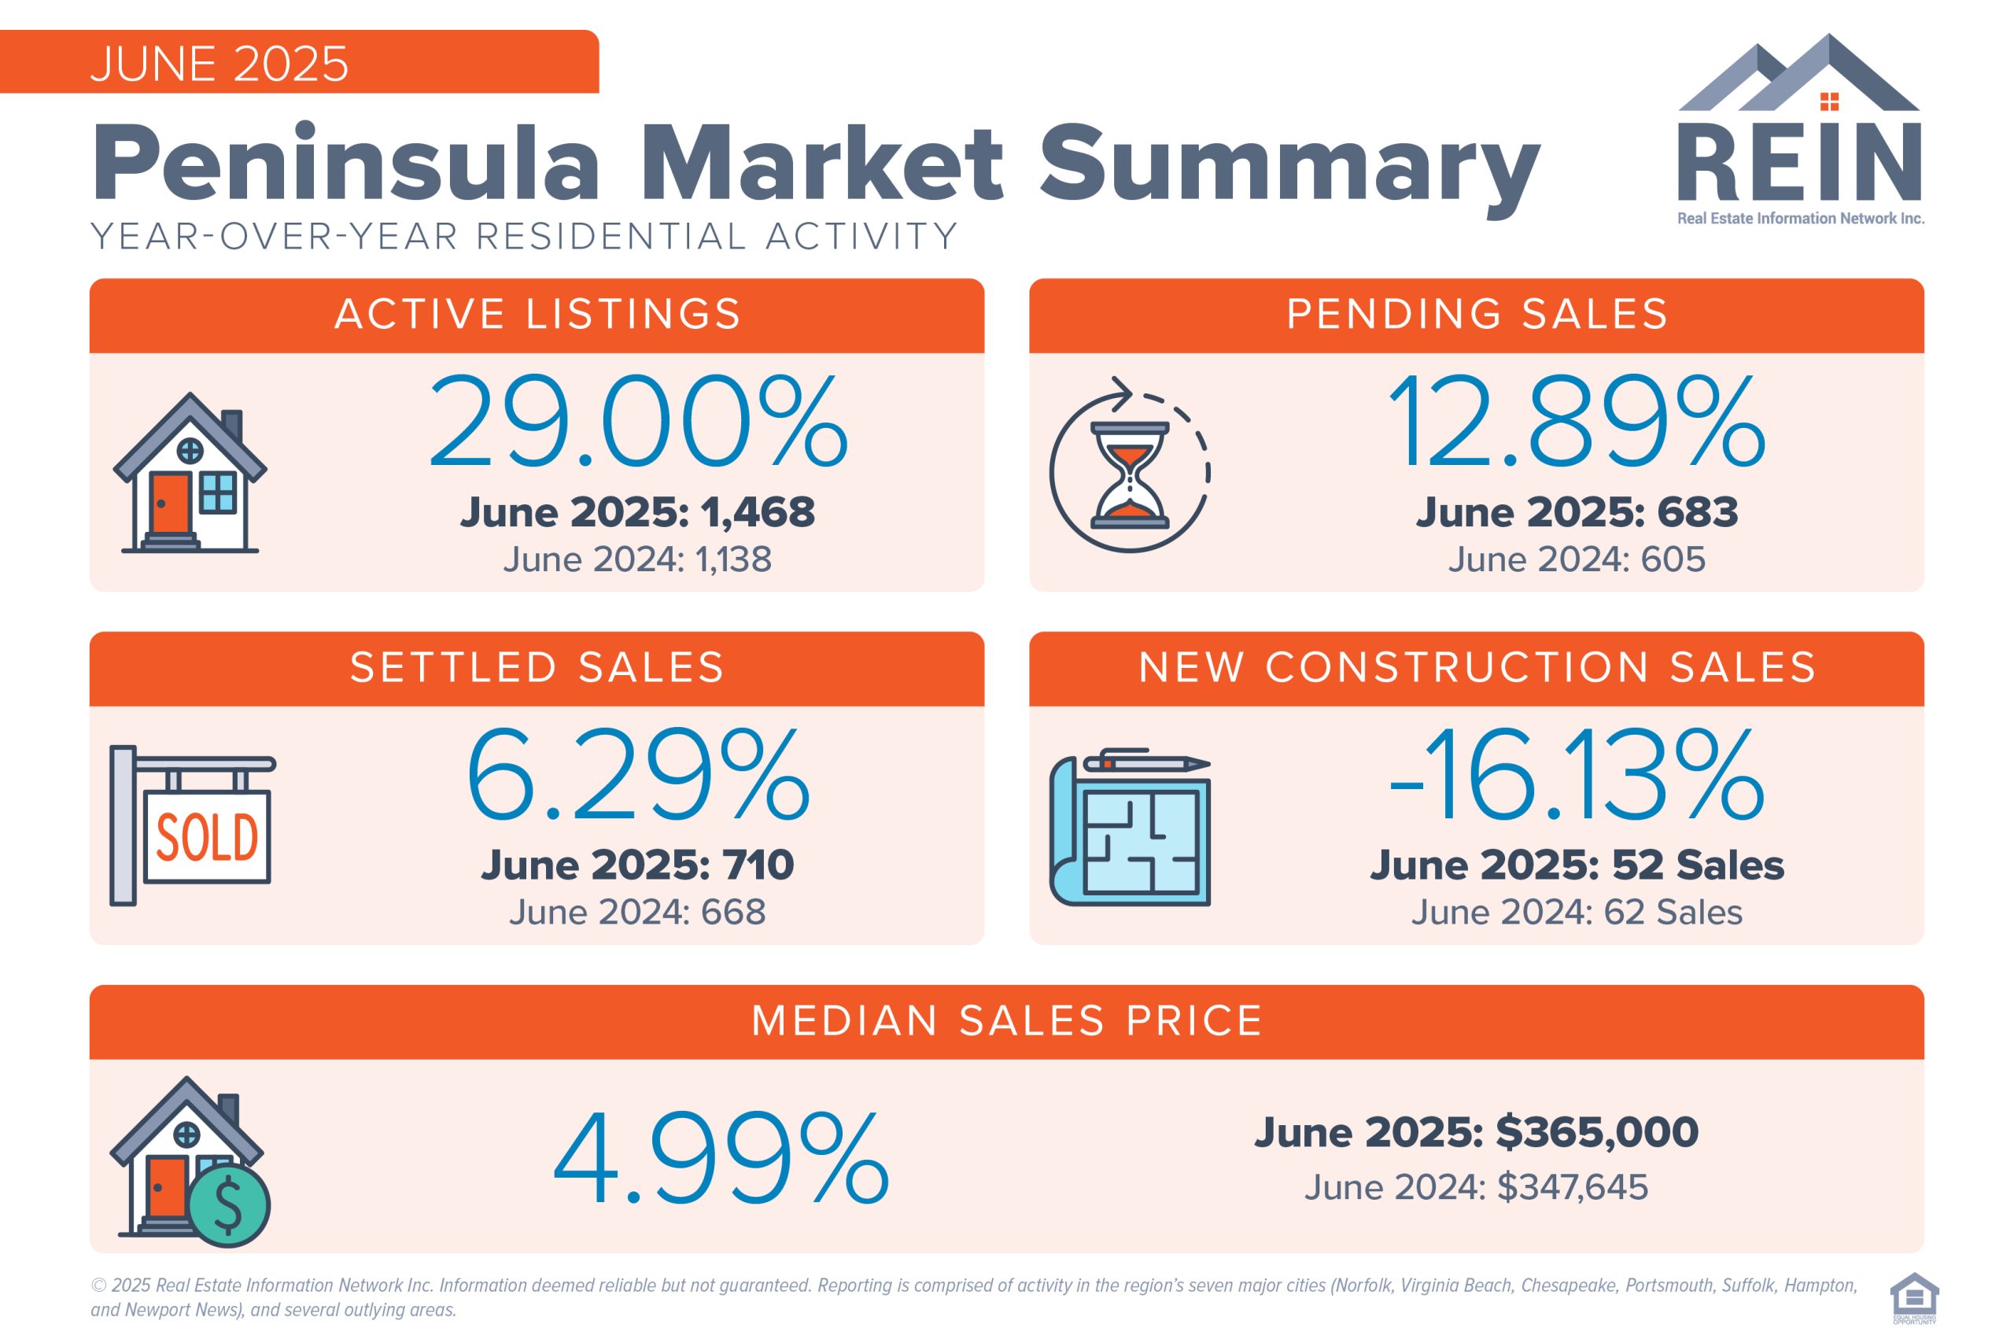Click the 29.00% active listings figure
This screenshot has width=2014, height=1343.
[x=638, y=422]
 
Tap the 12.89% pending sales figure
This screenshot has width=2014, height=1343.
[x=1577, y=422]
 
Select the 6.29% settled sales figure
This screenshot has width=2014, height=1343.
[x=638, y=775]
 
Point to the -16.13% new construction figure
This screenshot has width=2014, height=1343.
[x=1577, y=775]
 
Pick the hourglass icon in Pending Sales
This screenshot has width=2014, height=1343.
[x=1130, y=474]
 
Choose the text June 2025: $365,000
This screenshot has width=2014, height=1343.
[x=1476, y=1132]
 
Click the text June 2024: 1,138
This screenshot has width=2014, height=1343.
[x=638, y=560]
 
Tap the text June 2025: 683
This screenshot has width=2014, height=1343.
[x=1577, y=512]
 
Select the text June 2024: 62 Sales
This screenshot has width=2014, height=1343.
[x=1577, y=912]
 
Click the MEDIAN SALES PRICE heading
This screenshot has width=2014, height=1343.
[x=1007, y=1021]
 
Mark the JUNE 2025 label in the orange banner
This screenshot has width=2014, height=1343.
[x=219, y=65]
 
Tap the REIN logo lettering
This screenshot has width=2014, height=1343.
[x=1799, y=163]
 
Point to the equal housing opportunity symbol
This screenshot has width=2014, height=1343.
[x=1915, y=1297]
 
